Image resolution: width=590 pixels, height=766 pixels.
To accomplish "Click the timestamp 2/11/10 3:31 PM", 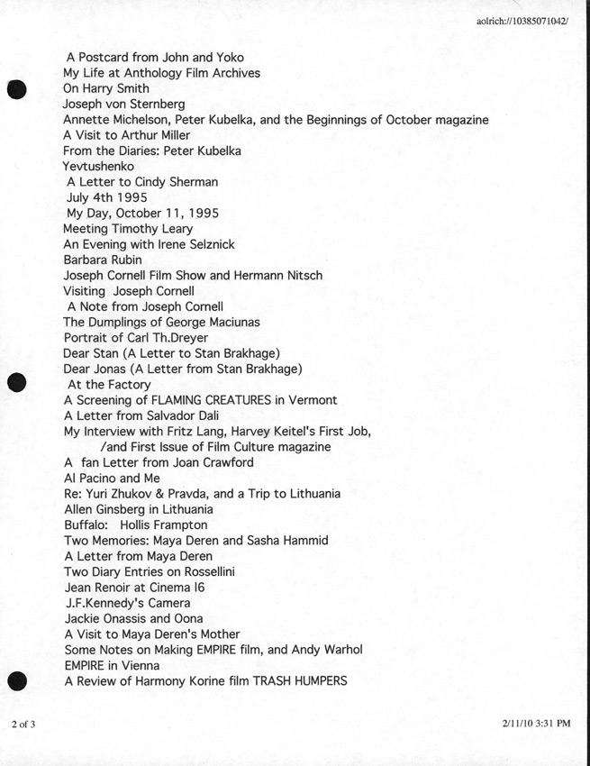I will [538, 724].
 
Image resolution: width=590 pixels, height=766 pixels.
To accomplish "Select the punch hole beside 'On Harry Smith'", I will [17, 89].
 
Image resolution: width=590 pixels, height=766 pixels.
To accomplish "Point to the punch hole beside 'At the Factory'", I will [17, 383].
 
